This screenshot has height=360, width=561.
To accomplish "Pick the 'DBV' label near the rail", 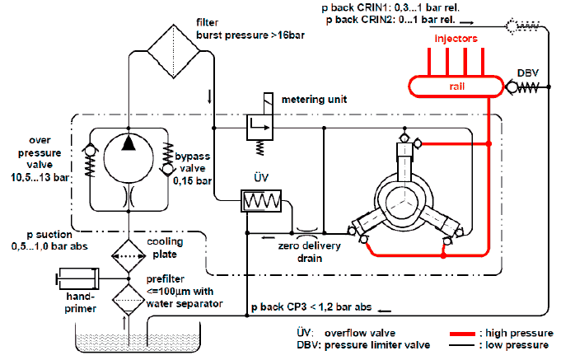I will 527,72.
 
